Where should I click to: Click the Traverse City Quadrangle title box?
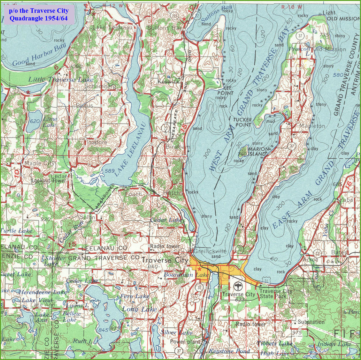point(38,14)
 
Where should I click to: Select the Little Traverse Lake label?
point(61,80)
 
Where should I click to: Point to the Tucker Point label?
point(243,122)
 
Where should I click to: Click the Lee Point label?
point(226,90)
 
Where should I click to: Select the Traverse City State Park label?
point(275,294)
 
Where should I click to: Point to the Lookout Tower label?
point(49,181)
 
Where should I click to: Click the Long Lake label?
point(139,309)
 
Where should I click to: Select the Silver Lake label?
point(177,333)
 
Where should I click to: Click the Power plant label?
point(185,342)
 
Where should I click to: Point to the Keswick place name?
point(168,82)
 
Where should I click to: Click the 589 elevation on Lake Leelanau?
point(110,171)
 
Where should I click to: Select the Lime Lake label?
point(50,122)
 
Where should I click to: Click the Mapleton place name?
point(312,126)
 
